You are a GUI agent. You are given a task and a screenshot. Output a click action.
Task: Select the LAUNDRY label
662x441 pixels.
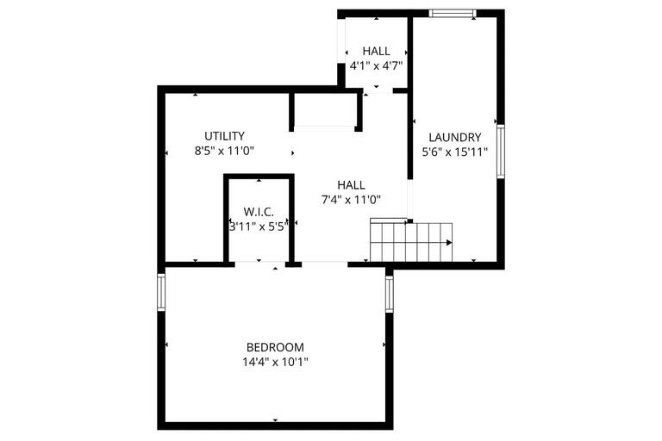(x=454, y=137)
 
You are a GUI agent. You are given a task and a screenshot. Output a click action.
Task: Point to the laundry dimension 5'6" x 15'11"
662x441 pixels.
(x=454, y=152)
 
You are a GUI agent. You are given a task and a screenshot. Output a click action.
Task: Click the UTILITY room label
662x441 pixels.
(x=224, y=136)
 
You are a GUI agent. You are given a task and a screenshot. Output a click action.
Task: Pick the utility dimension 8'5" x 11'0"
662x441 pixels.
(x=224, y=151)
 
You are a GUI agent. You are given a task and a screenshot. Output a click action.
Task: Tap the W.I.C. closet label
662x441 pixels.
(x=259, y=212)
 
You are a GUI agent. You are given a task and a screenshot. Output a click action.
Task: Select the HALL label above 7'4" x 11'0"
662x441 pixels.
(x=351, y=185)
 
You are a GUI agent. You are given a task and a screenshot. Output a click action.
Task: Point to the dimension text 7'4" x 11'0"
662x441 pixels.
(x=351, y=200)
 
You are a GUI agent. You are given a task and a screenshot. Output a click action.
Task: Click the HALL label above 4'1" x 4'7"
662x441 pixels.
(x=377, y=52)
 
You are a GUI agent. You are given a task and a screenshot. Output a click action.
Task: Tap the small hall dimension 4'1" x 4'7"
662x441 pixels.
(x=377, y=65)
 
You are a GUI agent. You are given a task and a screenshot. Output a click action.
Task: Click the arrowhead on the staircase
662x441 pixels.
(x=448, y=243)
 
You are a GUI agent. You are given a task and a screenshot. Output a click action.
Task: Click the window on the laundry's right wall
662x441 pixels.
(x=500, y=152)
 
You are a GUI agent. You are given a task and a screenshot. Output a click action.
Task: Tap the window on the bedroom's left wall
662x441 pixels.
(x=161, y=292)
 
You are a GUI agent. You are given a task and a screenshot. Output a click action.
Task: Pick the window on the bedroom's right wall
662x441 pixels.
(x=390, y=293)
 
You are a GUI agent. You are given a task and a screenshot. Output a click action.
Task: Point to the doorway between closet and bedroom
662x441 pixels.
(x=259, y=264)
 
